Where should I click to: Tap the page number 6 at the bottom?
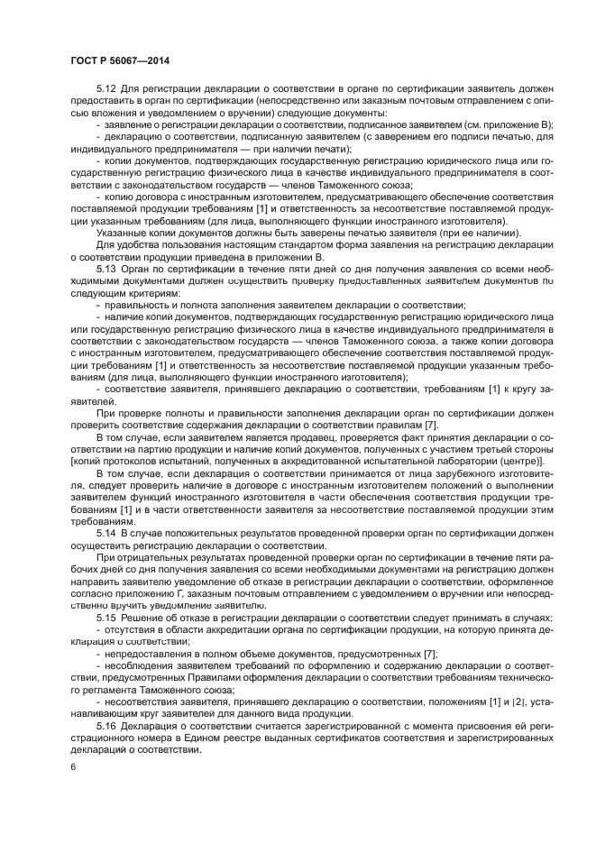73,766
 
